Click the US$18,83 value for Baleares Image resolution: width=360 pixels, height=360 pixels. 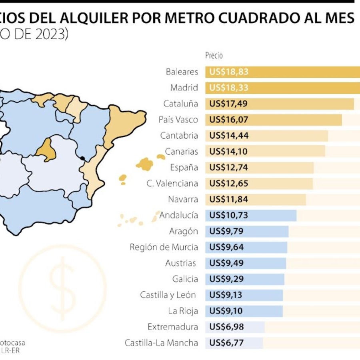click(x=229, y=72)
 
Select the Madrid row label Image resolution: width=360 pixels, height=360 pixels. click(x=184, y=88)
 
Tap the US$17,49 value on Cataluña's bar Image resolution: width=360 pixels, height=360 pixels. click(x=229, y=104)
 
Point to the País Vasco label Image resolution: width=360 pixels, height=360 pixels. click(x=178, y=120)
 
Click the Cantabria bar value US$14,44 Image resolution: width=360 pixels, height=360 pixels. click(x=229, y=136)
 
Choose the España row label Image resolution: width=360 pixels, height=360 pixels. click(x=184, y=168)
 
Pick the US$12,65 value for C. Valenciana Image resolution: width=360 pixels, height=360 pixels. click(x=229, y=184)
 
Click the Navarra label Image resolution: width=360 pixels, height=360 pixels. click(x=182, y=199)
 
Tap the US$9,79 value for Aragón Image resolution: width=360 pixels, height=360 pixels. click(x=226, y=231)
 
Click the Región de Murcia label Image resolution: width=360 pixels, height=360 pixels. click(x=164, y=247)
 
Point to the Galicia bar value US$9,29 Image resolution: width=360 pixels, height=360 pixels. click(x=226, y=279)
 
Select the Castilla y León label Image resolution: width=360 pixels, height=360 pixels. click(x=168, y=295)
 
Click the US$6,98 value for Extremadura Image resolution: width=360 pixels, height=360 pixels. click(x=226, y=327)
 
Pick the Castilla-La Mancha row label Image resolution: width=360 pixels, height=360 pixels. click(x=161, y=343)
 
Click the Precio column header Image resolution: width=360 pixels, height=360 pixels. click(x=214, y=56)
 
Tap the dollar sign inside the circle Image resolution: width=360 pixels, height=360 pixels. click(x=63, y=288)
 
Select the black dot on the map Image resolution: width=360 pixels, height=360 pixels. click(x=82, y=158)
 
